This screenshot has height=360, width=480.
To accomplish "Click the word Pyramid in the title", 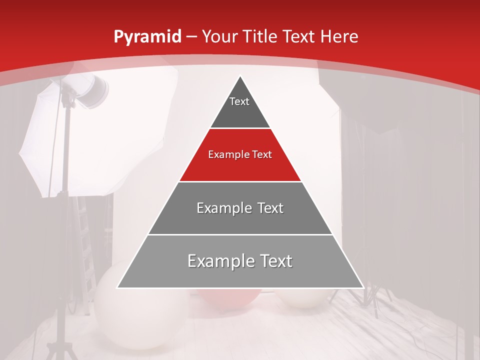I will [x=147, y=37].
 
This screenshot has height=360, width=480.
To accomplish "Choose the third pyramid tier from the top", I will [x=240, y=208].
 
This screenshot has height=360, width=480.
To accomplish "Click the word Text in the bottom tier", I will [x=274, y=261].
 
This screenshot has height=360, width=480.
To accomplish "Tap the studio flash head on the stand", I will [x=92, y=90].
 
